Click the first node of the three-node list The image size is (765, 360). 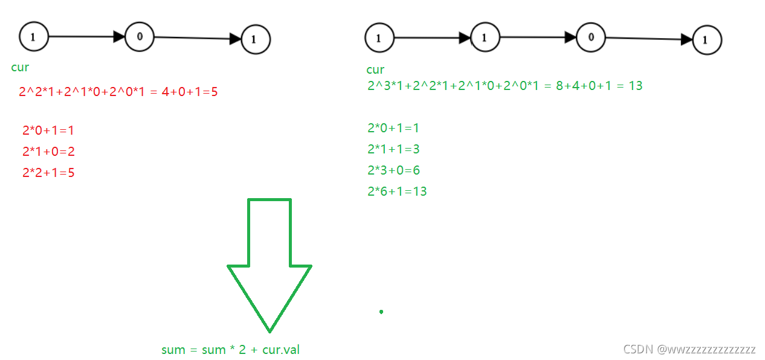pyautogui.click(x=33, y=37)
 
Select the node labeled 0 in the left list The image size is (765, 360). pyautogui.click(x=140, y=36)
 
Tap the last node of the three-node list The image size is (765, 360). pyautogui.click(x=255, y=40)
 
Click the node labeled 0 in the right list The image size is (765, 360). pyautogui.click(x=591, y=37)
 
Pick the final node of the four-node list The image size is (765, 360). pyautogui.click(x=706, y=40)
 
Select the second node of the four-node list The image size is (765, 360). pyautogui.click(x=485, y=37)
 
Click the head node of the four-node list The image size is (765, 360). pyautogui.click(x=379, y=38)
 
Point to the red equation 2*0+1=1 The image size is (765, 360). pyautogui.click(x=48, y=130)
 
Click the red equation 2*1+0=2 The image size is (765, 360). pyautogui.click(x=48, y=151)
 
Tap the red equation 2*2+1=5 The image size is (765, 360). pyautogui.click(x=48, y=173)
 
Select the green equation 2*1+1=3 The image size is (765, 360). pyautogui.click(x=393, y=149)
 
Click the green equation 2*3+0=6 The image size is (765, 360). pyautogui.click(x=393, y=170)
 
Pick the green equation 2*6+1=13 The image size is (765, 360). pyautogui.click(x=397, y=191)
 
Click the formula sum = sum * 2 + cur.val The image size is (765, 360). pyautogui.click(x=230, y=349)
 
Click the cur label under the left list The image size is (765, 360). pyautogui.click(x=20, y=67)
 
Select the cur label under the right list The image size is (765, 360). pyautogui.click(x=375, y=69)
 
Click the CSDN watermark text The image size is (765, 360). pyautogui.click(x=689, y=349)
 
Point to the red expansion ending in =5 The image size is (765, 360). pyautogui.click(x=118, y=92)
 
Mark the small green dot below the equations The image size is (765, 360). pyautogui.click(x=381, y=312)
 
